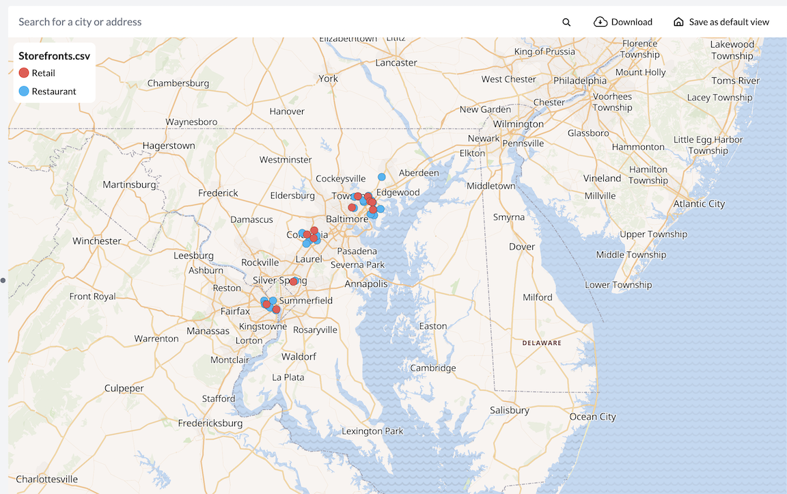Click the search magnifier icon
(x=566, y=22)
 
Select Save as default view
(x=721, y=22)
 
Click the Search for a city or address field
(x=273, y=22)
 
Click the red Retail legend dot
(x=23, y=73)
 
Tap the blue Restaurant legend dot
(x=23, y=92)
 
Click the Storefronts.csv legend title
(x=54, y=56)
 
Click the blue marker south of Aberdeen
(x=382, y=177)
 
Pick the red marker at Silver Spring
(x=294, y=282)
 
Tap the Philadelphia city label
(x=580, y=80)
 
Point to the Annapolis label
(x=365, y=284)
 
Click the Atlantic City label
(x=699, y=204)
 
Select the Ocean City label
(x=592, y=417)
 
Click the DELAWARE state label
(x=542, y=343)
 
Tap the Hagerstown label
(x=169, y=146)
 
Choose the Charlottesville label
(x=46, y=479)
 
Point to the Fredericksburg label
(x=210, y=423)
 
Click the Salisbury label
(x=510, y=410)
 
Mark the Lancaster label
(x=396, y=62)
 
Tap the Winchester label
(x=97, y=241)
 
